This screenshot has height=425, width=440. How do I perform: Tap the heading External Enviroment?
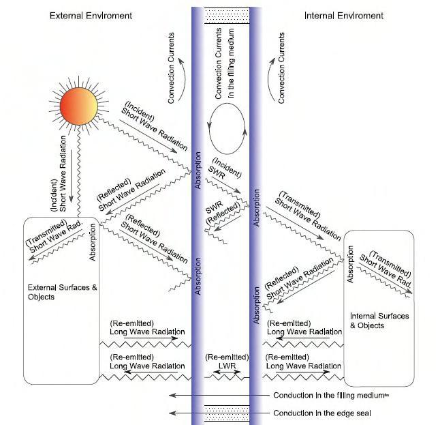(x=91, y=16)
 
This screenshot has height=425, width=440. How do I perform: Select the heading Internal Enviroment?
(x=344, y=16)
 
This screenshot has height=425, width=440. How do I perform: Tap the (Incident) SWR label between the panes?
(x=221, y=171)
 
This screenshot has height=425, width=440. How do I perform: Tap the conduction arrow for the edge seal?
(x=218, y=413)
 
